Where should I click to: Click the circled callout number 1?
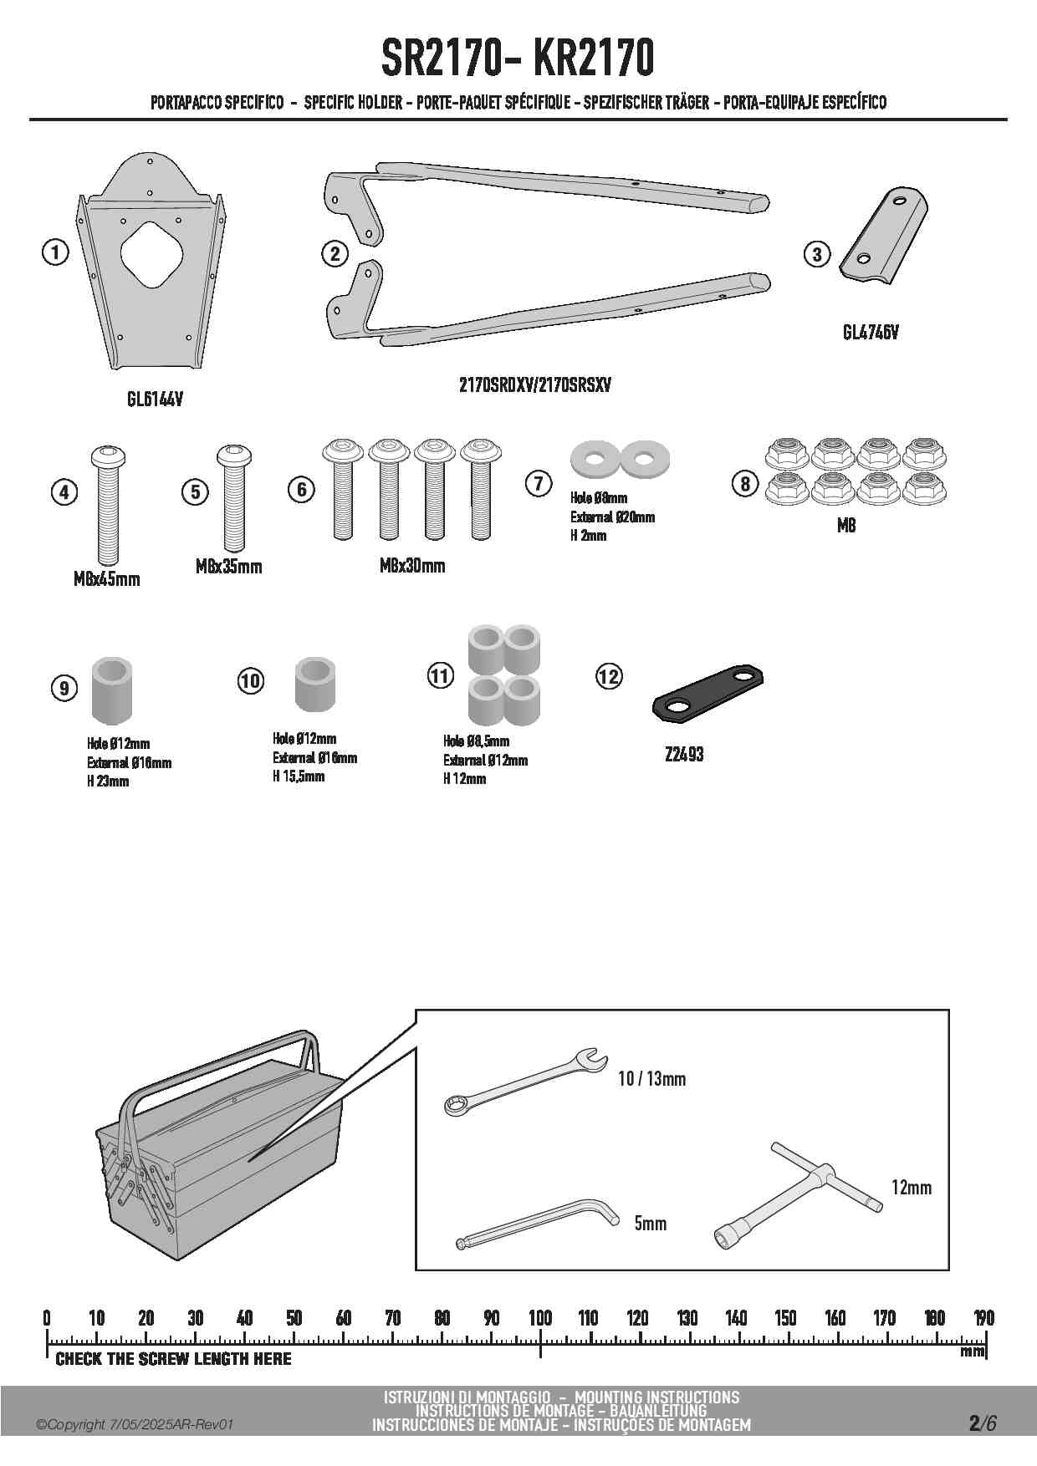55,252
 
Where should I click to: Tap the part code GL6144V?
155,400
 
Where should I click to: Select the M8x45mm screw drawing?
106,506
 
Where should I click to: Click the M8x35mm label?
228,567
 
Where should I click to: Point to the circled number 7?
539,483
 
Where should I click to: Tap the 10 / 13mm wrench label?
651,1079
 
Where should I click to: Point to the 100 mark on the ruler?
540,1319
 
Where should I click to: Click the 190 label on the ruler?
984,1319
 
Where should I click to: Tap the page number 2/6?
983,1423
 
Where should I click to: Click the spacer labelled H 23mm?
111,689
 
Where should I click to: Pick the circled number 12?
609,675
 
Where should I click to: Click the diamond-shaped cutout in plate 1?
151,254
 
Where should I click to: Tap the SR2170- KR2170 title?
518,59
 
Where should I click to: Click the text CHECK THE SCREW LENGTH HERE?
173,1359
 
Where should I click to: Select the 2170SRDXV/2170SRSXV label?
535,385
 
